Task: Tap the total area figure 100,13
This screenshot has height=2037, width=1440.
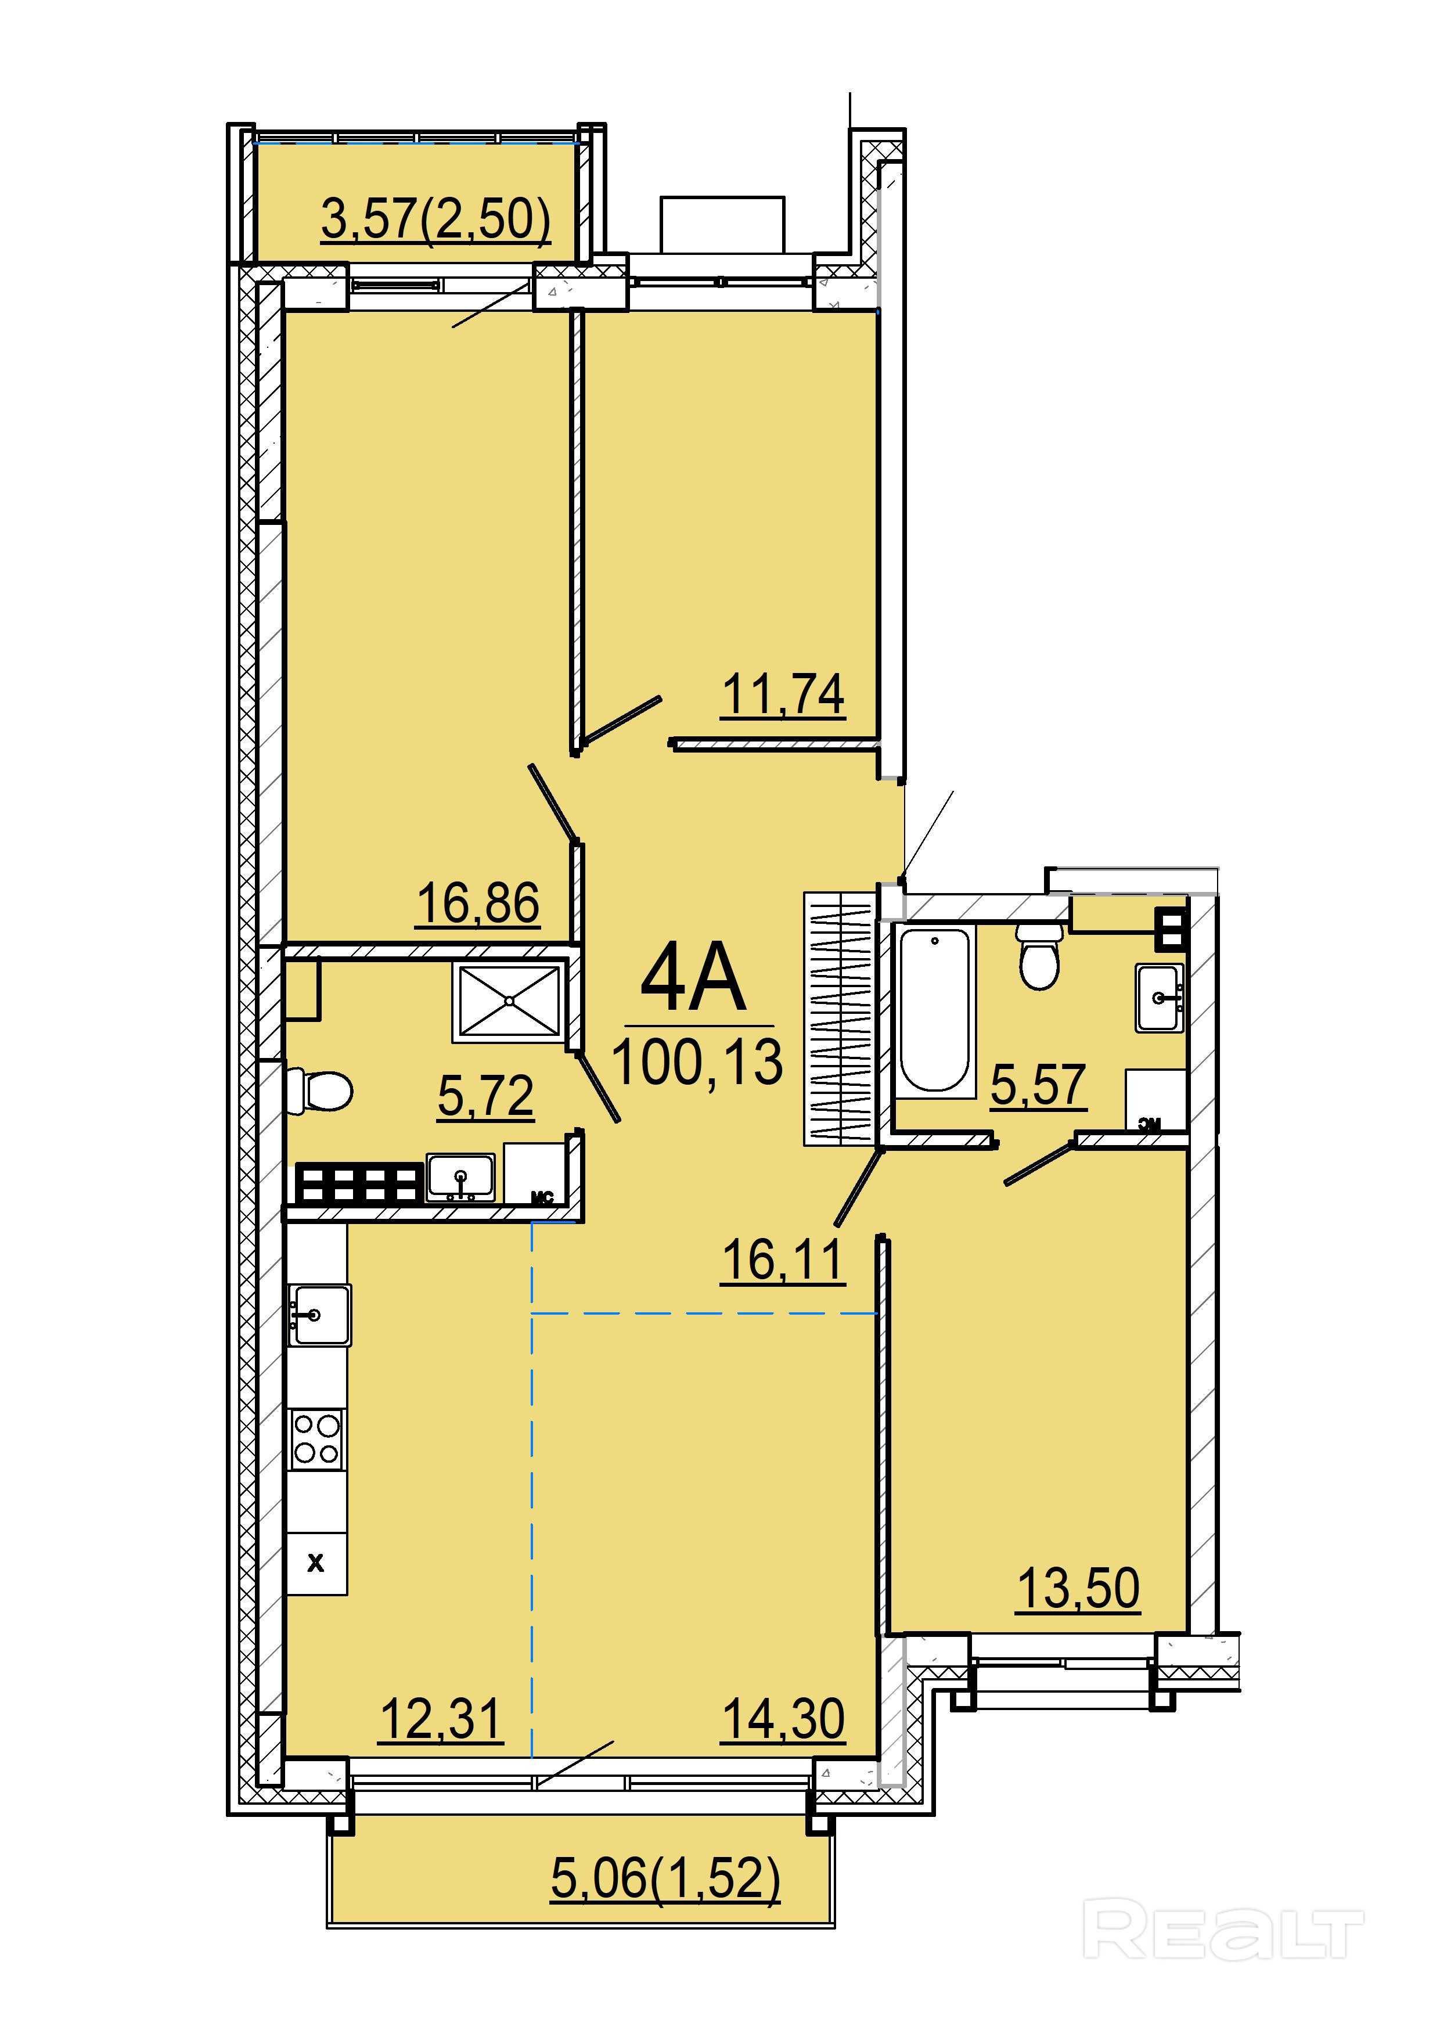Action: pyautogui.click(x=697, y=1062)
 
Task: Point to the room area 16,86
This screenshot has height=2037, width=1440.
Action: pyautogui.click(x=477, y=903)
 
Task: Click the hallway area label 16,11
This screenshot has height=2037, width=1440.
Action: pyautogui.click(x=783, y=1260)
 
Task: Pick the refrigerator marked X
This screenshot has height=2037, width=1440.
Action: pyautogui.click(x=316, y=1564)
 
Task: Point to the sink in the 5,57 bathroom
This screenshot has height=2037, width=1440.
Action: pyautogui.click(x=1160, y=998)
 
